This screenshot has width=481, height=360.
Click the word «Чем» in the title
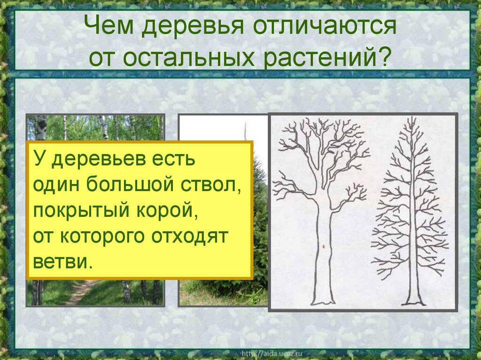pyautogui.click(x=112, y=27)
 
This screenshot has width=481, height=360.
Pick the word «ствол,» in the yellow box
pyautogui.click(x=211, y=184)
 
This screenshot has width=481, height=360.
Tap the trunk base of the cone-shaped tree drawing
pyautogui.click(x=413, y=298)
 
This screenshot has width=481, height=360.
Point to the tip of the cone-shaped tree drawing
pyautogui.click(x=411, y=120)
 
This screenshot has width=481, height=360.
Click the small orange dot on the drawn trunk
pyautogui.click(x=324, y=246)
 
